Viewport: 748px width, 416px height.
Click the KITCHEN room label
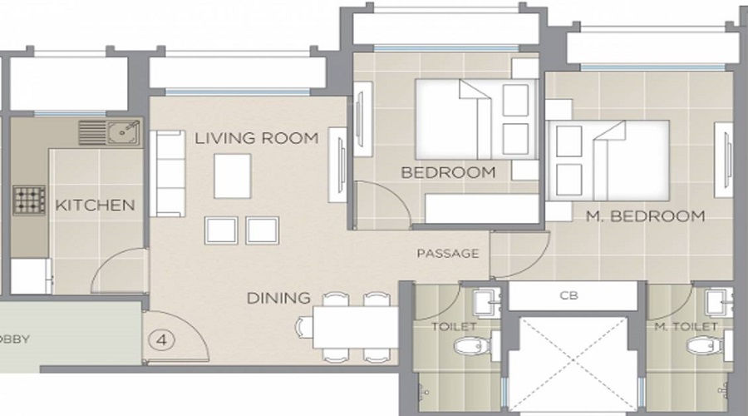tap(94, 205)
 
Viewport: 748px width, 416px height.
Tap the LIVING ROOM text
tap(257, 138)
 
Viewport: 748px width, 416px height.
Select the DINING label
tap(278, 297)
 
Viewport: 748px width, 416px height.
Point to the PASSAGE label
tap(448, 253)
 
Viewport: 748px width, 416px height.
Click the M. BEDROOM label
tap(645, 216)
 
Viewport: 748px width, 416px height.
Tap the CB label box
tap(570, 295)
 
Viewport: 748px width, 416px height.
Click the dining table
tap(354, 328)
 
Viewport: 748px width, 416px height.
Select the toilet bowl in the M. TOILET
tap(706, 344)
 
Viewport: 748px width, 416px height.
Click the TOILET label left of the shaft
tap(454, 327)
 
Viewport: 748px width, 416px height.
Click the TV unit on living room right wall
tap(340, 164)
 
